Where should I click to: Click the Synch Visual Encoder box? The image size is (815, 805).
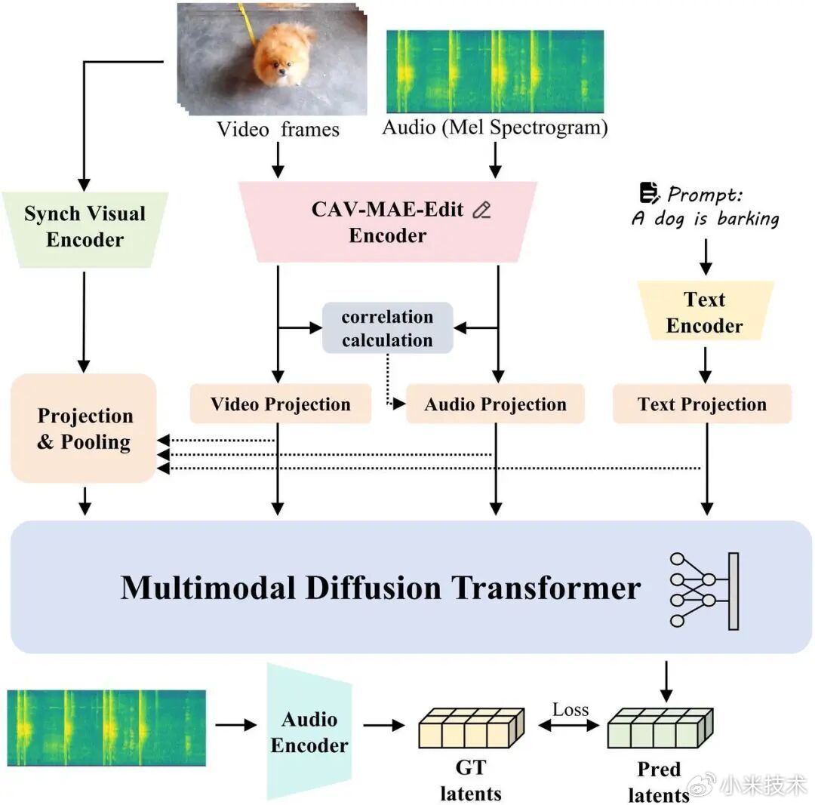tap(85, 229)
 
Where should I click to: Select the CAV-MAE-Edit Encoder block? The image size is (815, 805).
tap(388, 221)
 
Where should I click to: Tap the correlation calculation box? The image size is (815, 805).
tap(388, 328)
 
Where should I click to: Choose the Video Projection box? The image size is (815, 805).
tap(281, 404)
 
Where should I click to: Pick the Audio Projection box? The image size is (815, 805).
tap(495, 404)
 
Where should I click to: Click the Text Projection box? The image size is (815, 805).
tap(703, 404)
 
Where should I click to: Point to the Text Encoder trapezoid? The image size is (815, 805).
tap(706, 312)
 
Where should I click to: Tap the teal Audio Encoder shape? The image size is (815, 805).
tap(310, 732)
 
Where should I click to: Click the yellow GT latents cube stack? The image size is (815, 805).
tap(472, 727)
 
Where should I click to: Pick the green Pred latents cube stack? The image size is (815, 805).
tap(660, 727)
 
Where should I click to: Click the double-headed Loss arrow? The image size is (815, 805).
tap(569, 725)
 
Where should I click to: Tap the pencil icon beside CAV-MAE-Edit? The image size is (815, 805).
tap(481, 210)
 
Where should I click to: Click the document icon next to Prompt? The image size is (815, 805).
tap(649, 193)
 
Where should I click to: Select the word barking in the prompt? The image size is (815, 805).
tap(748, 219)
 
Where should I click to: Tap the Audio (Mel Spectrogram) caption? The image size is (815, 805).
tap(495, 128)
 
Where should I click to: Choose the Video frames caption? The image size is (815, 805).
tap(278, 129)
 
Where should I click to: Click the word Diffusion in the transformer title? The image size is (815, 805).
tap(374, 588)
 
